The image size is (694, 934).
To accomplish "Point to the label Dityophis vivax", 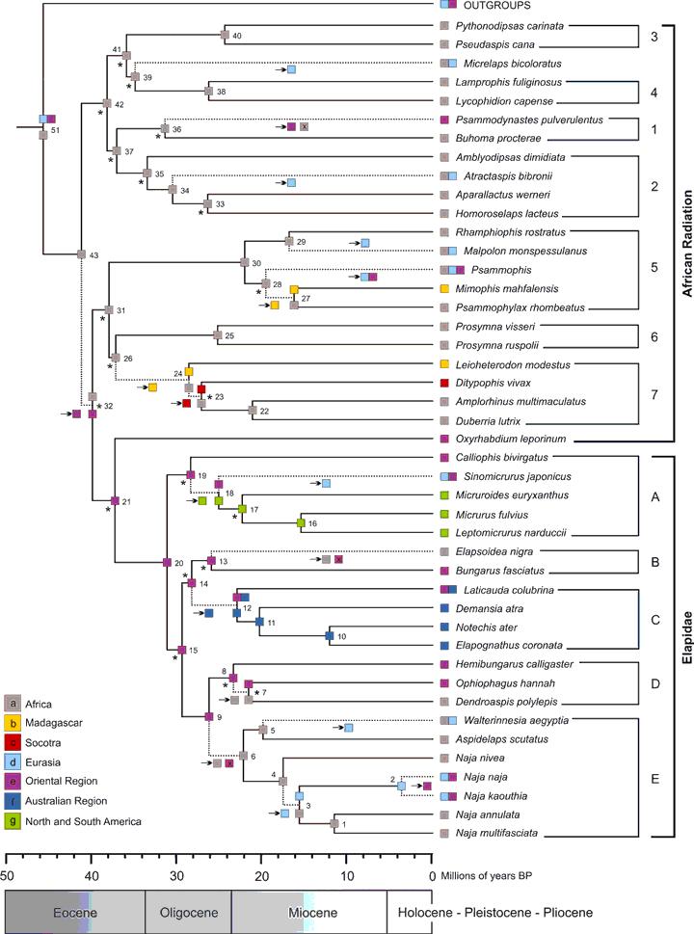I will pos(490,383).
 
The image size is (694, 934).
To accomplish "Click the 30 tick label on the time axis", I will pos(177,847).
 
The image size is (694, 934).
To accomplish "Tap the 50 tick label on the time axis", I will pos(8,847).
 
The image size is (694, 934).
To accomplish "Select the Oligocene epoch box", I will pos(188,911).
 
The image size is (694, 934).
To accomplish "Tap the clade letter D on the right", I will pos(655,682).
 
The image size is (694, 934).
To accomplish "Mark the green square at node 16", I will pos(302,522).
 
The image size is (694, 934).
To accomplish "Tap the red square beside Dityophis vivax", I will pos(444,383).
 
